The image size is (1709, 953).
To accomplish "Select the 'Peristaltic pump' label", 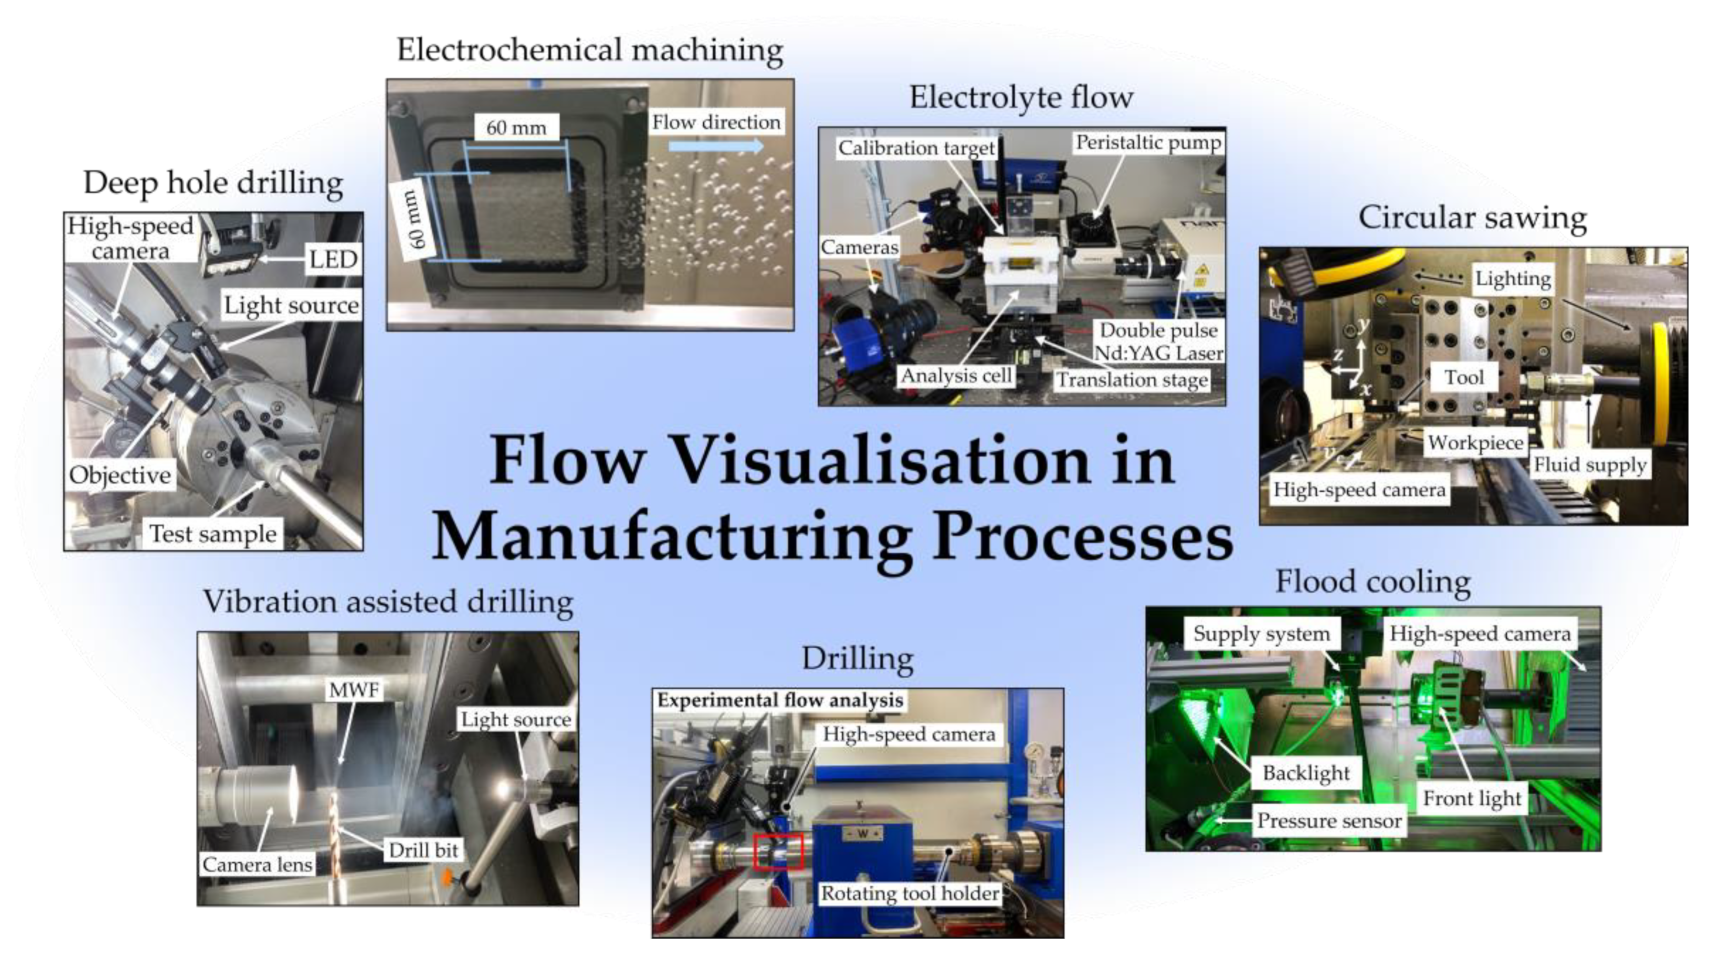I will click(1148, 143).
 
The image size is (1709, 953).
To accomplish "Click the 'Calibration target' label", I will click(916, 148).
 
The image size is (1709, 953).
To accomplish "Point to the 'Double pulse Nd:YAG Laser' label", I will click(1158, 342).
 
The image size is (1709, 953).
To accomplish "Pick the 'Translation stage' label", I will click(1132, 380).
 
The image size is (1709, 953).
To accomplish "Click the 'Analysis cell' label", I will click(955, 376).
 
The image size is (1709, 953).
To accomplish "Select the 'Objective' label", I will click(120, 475).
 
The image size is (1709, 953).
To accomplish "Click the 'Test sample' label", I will click(213, 534).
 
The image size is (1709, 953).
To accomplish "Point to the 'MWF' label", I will click(354, 690).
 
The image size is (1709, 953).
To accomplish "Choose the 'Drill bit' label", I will click(423, 850).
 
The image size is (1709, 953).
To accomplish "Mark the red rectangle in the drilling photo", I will click(779, 851).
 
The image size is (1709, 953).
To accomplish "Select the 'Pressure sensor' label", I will click(1330, 821).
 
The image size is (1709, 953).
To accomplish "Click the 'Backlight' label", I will click(1306, 773).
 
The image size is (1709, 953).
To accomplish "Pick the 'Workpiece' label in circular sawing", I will click(1476, 442).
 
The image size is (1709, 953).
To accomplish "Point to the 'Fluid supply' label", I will click(1590, 465).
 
